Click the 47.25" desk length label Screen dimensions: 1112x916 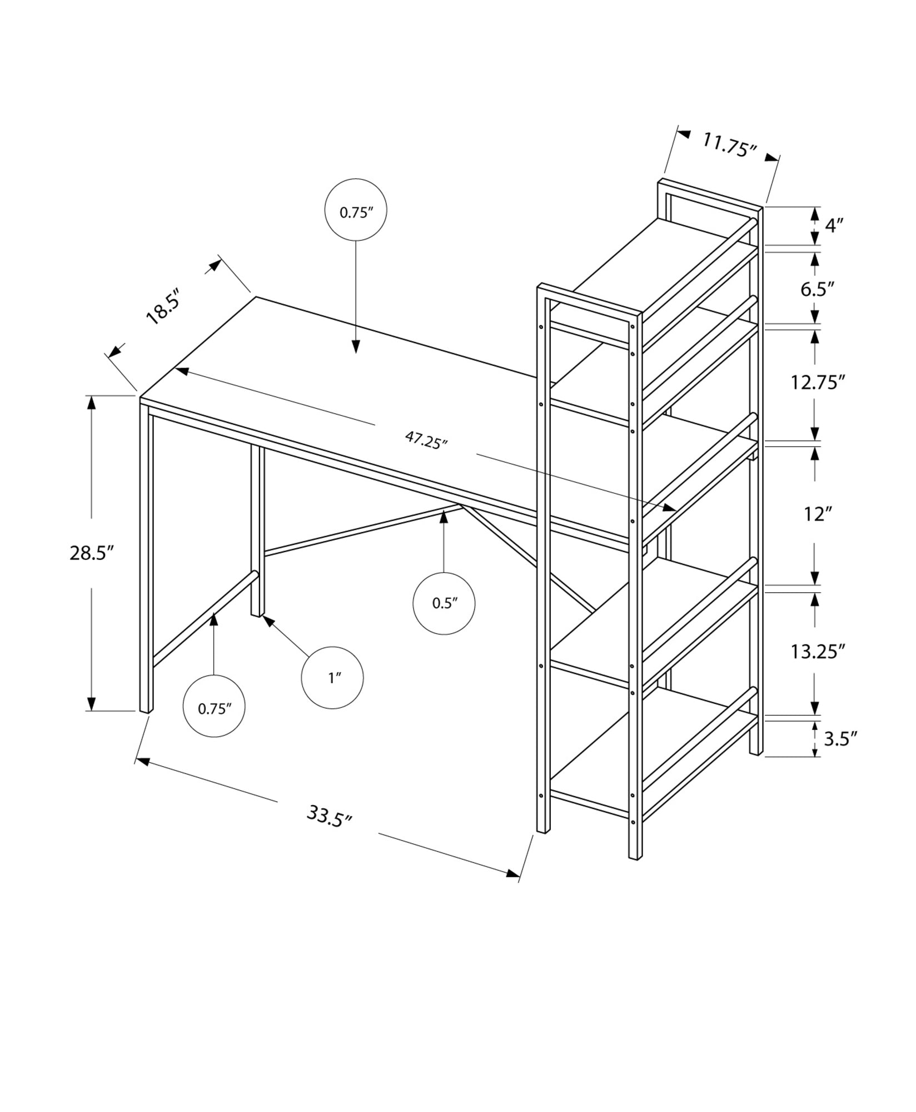(426, 441)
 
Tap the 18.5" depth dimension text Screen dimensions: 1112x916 (163, 306)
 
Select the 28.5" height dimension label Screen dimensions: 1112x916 (91, 553)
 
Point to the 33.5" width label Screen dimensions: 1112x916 (330, 817)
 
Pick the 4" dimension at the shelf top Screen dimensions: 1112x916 (834, 225)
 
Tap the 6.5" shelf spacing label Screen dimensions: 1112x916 (818, 289)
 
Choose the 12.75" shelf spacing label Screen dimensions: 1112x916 (818, 383)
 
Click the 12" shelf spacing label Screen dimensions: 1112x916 (816, 514)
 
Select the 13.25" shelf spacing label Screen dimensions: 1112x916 (818, 651)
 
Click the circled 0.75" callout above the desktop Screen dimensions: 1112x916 (356, 210)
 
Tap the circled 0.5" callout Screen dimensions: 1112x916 (444, 603)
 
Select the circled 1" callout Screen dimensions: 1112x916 (332, 678)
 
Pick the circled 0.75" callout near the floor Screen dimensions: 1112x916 (214, 708)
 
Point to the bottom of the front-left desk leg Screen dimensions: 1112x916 (146, 709)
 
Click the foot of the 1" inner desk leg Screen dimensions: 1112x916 (257, 613)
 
